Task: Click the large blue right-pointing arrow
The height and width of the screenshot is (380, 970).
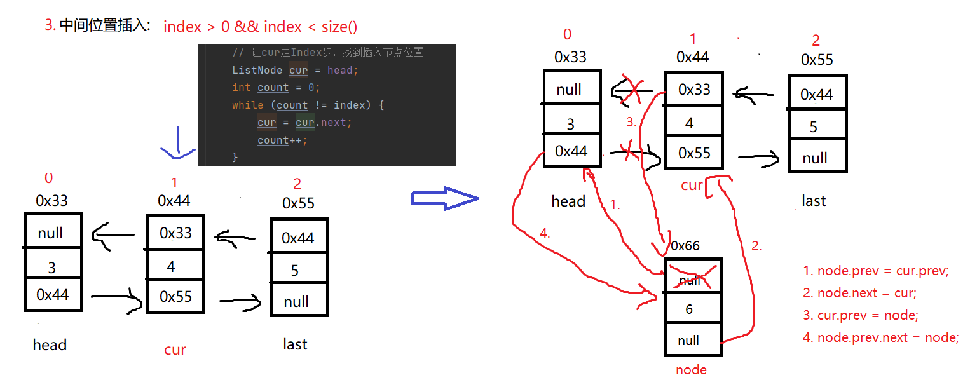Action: coord(445,199)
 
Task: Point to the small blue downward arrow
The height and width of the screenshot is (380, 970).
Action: coord(177,142)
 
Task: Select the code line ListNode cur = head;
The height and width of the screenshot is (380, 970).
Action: coord(295,70)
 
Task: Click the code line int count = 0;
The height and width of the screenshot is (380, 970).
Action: coord(276,88)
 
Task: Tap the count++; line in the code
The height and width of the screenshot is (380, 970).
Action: coord(282,140)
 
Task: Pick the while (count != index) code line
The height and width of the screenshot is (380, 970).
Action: coord(308,105)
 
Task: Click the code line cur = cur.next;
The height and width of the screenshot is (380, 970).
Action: coord(304,123)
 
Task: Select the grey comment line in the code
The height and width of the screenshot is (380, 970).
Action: coord(328,52)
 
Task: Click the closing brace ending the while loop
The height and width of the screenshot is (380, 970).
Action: coord(235,157)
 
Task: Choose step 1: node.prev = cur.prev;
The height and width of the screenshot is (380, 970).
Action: coord(875,271)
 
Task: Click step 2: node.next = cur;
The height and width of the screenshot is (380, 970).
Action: coord(859,293)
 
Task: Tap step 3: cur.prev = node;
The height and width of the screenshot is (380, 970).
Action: coord(861,315)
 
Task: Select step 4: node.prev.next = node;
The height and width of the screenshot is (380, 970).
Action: coord(881,337)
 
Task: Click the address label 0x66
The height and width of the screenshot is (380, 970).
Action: coord(685,246)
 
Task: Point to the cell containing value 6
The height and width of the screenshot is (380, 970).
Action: coord(693,308)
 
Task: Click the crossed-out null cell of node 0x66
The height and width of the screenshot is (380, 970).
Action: coord(693,276)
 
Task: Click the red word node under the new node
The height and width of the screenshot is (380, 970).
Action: coord(691,370)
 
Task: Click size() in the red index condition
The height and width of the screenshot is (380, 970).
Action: coord(339,27)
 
